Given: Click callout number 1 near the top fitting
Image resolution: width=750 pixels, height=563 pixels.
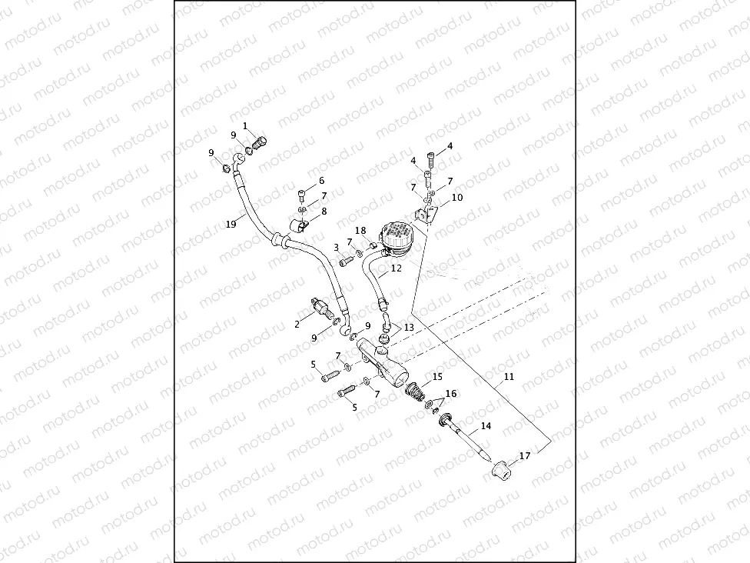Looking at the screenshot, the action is click(245, 125).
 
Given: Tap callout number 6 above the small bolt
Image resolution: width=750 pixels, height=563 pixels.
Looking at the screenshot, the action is click(322, 182).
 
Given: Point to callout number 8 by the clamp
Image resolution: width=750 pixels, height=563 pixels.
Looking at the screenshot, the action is click(324, 211).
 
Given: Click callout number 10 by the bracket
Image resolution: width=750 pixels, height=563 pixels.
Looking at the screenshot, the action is click(456, 198).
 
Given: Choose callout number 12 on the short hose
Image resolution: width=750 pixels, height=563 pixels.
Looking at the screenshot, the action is click(397, 269).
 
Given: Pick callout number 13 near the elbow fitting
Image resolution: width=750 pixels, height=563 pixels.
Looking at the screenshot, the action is click(409, 327).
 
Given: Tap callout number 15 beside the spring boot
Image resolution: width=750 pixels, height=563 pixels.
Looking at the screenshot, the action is click(437, 377).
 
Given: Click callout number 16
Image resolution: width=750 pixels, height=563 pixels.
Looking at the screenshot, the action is click(451, 394).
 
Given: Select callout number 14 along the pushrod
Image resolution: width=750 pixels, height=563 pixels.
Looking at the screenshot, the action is click(486, 425).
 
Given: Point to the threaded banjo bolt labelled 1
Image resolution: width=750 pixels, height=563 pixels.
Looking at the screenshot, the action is click(261, 142).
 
